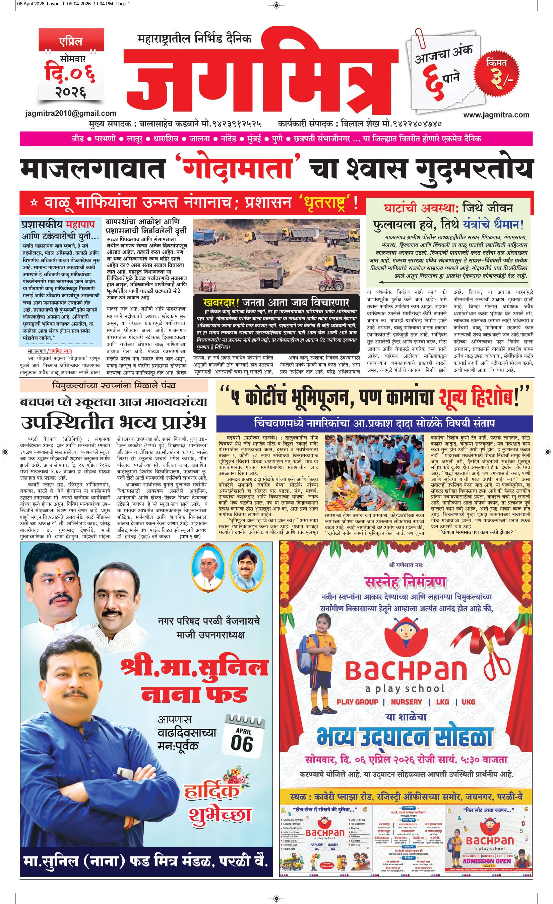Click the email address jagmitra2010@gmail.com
tap(71, 114)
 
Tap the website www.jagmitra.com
tap(496, 115)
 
